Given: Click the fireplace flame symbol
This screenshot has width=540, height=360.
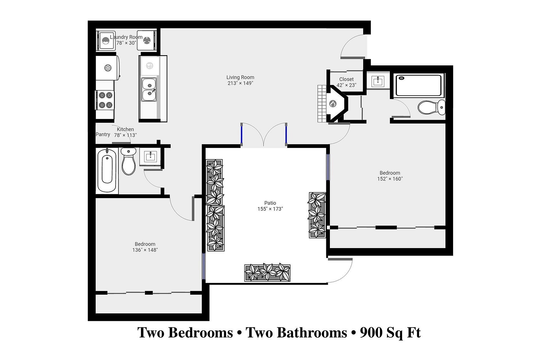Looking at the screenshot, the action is pyautogui.click(x=333, y=103).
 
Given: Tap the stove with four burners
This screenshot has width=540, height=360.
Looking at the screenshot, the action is pyautogui.click(x=105, y=100).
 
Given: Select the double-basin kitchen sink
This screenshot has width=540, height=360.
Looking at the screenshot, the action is pyautogui.click(x=149, y=89).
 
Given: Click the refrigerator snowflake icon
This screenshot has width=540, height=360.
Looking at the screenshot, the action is pyautogui.click(x=108, y=68).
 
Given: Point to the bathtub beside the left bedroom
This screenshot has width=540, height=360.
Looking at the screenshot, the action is pyautogui.click(x=107, y=170).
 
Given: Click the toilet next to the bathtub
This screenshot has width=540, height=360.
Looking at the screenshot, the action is pyautogui.click(x=129, y=161).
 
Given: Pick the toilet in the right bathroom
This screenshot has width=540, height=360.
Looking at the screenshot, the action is pyautogui.click(x=431, y=107).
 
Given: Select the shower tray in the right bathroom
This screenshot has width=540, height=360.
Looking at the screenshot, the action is pyautogui.click(x=418, y=85).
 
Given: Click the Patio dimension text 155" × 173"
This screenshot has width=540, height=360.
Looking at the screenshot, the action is pyautogui.click(x=270, y=209).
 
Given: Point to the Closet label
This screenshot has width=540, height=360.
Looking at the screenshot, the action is pyautogui.click(x=346, y=79).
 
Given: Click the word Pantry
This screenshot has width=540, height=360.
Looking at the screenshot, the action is pyautogui.click(x=103, y=134).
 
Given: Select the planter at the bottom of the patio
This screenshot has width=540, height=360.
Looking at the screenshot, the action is pyautogui.click(x=267, y=273).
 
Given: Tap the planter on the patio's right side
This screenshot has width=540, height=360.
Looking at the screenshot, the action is pyautogui.click(x=317, y=215).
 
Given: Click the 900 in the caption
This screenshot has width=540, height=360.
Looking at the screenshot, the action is pyautogui.click(x=371, y=332).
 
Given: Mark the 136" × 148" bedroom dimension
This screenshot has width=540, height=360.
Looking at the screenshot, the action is pyautogui.click(x=145, y=250).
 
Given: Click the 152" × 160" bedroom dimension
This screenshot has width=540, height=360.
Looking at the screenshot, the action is pyautogui.click(x=390, y=179).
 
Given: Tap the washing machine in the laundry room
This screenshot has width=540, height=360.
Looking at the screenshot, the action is pyautogui.click(x=106, y=41).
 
